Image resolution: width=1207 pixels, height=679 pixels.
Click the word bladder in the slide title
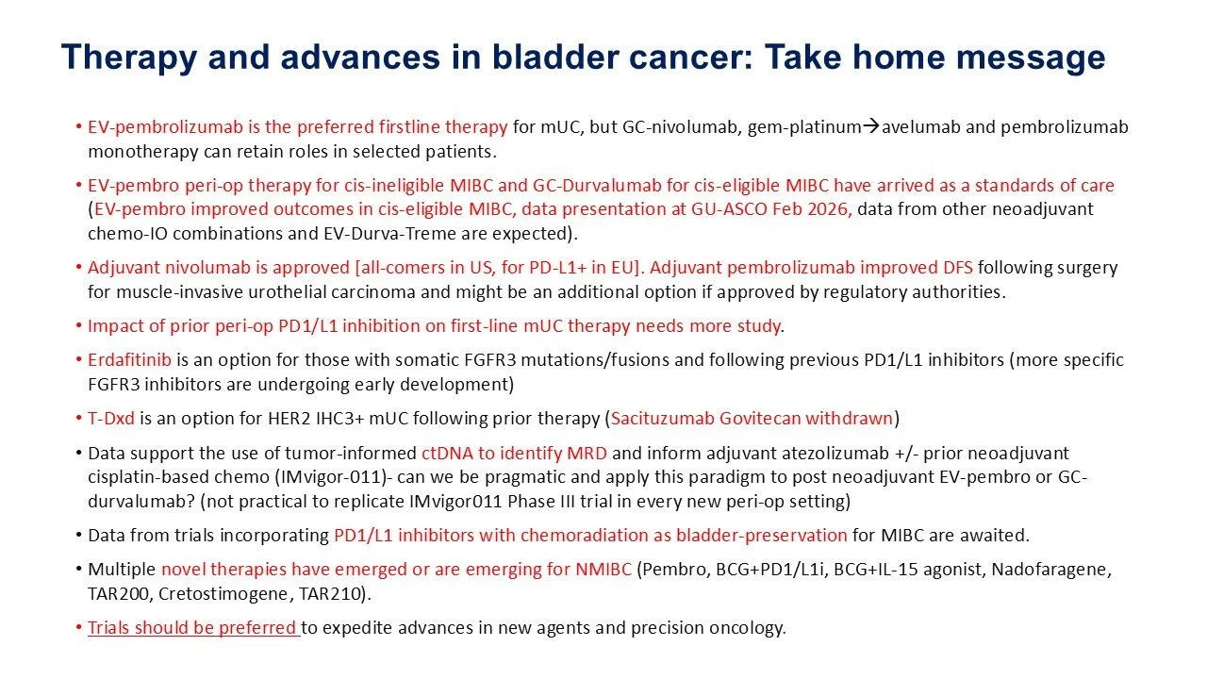[x=555, y=58]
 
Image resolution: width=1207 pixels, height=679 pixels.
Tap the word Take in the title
[x=802, y=58]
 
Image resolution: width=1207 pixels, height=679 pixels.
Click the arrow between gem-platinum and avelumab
[x=870, y=126]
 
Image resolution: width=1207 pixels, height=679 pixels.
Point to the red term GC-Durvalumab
[x=597, y=186]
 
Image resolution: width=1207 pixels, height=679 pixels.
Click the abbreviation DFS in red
[x=957, y=267]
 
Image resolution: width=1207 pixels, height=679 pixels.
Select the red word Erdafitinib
[x=129, y=360]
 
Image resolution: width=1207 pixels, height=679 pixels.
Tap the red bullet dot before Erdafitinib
[x=78, y=360]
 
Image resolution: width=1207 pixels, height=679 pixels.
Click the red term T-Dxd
[x=111, y=418]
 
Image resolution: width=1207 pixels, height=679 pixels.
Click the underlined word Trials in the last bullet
[x=108, y=628]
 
